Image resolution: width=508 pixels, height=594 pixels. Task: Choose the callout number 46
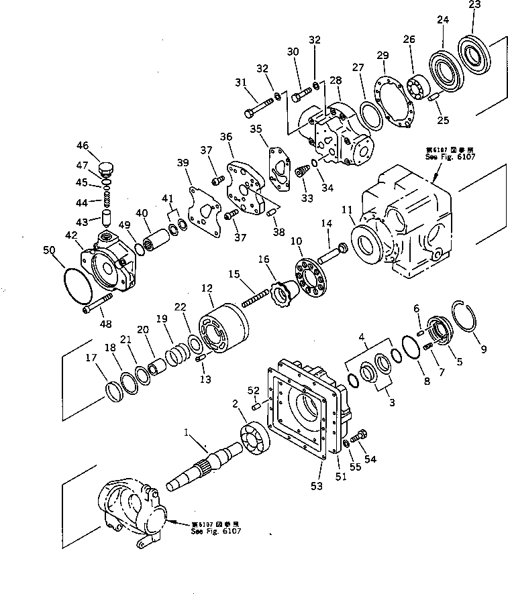tap(83, 145)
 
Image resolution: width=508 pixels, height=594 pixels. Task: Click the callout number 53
tap(317, 484)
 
